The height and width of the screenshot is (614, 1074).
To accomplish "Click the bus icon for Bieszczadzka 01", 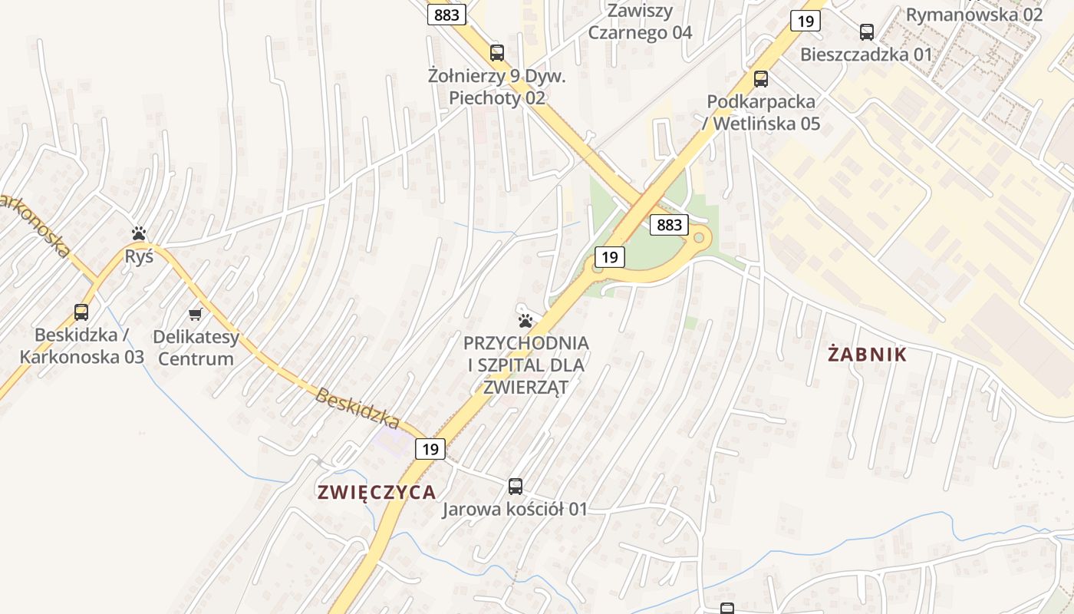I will tap(867, 32).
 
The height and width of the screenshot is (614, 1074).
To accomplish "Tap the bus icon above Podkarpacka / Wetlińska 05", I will tap(761, 78).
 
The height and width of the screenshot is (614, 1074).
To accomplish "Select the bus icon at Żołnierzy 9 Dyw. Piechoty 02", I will tap(497, 53).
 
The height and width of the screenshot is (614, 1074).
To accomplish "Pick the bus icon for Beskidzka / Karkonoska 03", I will tap(81, 312).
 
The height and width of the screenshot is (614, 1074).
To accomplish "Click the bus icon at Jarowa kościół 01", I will tap(516, 486).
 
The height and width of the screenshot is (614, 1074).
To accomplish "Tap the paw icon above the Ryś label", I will tap(139, 233).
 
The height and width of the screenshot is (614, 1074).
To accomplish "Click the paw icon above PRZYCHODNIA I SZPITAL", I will tap(525, 320).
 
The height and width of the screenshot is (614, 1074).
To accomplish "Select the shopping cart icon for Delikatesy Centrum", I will tap(196, 314).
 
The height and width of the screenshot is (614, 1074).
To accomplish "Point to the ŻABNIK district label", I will tap(868, 355).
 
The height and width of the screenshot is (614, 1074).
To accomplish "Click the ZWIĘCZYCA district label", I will tap(377, 493).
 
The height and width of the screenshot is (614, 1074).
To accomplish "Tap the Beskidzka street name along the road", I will tap(357, 409).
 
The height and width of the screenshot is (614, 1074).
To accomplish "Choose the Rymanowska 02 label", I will tap(974, 14).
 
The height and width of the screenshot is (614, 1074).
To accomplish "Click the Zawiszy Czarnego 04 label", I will tap(640, 21).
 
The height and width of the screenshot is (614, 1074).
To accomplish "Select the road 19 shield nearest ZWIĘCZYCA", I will tap(430, 449).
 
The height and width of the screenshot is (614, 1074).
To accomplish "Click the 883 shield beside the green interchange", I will tap(669, 225).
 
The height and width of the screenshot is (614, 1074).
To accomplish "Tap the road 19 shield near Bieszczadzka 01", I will tap(805, 21).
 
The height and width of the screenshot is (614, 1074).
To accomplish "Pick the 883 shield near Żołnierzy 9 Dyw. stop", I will tap(446, 15).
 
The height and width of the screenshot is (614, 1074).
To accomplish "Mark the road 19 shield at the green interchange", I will tap(609, 257).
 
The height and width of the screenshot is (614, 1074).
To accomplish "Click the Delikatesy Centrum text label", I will tap(196, 348).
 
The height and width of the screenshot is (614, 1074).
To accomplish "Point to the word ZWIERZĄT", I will tap(526, 387).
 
